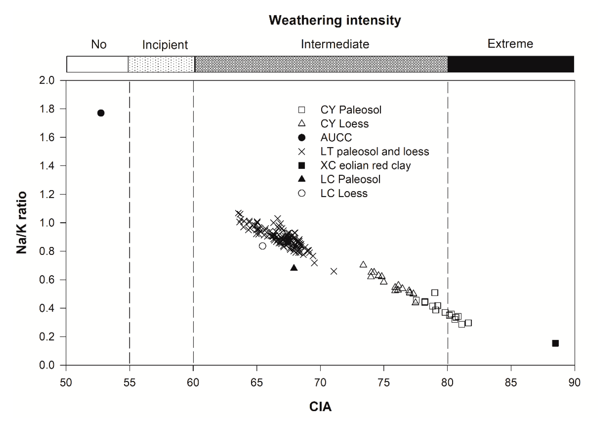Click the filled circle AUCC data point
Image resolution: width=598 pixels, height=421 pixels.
(101, 113)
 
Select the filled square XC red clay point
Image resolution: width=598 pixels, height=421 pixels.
(555, 343)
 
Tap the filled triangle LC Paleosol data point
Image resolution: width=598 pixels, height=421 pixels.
(294, 268)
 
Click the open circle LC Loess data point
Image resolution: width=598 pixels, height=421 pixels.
(263, 246)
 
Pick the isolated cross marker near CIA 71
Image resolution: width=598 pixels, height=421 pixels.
(334, 271)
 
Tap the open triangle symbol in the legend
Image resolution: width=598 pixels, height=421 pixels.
(302, 123)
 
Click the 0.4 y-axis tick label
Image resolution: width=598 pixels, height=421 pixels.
(47, 308)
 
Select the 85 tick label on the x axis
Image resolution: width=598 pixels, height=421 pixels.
(511, 383)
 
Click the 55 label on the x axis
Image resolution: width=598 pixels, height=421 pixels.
(129, 383)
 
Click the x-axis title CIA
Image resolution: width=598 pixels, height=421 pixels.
(320, 407)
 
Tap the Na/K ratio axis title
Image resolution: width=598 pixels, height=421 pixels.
(21, 223)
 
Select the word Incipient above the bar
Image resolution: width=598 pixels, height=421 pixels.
(165, 45)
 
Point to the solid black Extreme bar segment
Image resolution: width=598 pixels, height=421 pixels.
(510, 64)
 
